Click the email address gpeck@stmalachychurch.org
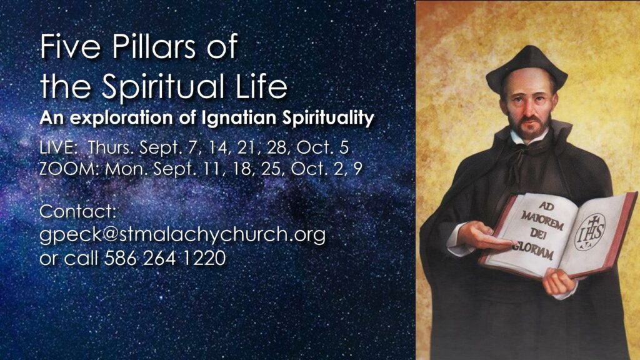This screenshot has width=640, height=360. click(182, 236)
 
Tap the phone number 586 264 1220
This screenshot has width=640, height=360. click(165, 258)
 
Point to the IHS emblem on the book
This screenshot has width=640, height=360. click(590, 232)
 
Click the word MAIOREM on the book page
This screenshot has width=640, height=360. click(542, 221)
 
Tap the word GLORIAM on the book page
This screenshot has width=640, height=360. click(534, 250)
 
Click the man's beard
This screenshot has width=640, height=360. click(530, 128)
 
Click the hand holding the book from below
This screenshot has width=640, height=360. click(559, 282)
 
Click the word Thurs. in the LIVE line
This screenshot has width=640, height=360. click(111, 147)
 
